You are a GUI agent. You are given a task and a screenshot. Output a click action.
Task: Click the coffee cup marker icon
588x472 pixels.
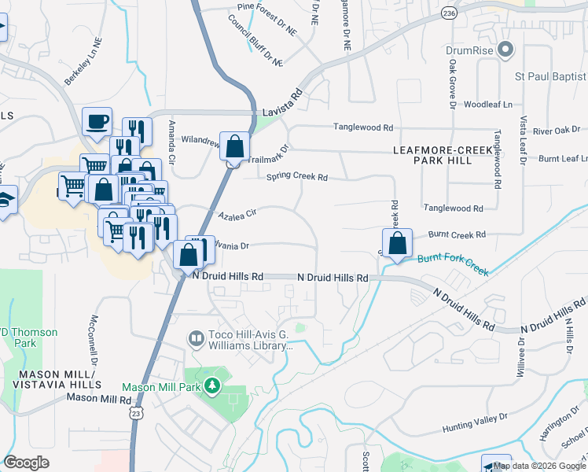pos(97,122)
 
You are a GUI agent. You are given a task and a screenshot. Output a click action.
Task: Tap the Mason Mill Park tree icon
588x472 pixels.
pos(211,386)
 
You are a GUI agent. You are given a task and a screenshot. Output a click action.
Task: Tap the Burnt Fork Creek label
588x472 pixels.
pos(453,264)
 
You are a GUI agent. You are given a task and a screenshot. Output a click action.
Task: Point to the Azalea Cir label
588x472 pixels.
pos(238,213)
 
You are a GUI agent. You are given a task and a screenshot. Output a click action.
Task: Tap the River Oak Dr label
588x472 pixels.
pos(556,130)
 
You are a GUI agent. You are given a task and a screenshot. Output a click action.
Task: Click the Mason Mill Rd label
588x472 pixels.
pos(98,398)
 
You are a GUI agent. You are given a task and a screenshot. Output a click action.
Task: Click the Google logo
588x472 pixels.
pos(27,463)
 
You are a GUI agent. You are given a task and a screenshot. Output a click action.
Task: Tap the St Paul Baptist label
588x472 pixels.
pos(550,76)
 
